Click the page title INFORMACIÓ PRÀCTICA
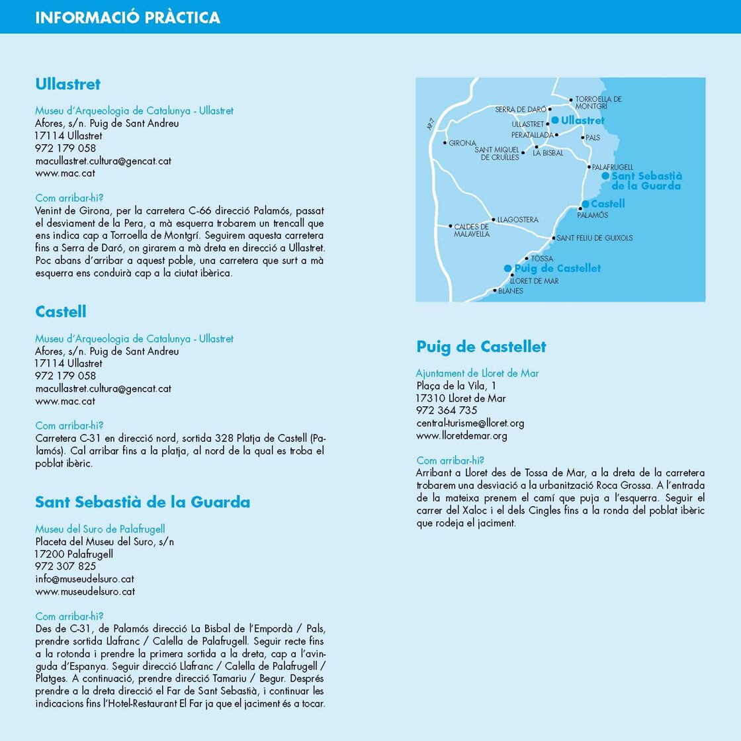(128, 17)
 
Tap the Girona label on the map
(462, 143)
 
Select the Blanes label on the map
(510, 291)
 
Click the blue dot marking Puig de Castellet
(507, 269)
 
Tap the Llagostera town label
(517, 220)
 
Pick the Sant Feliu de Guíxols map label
(594, 238)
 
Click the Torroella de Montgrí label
(598, 103)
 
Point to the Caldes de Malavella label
(472, 230)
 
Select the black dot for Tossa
(527, 259)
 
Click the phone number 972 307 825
(65, 566)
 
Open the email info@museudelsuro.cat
(85, 579)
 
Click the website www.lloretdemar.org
(462, 436)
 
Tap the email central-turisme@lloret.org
(470, 423)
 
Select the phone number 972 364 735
(447, 411)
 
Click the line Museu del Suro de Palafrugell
(100, 529)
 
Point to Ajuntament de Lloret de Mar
(477, 373)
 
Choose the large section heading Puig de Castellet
(481, 347)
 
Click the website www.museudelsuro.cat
(85, 591)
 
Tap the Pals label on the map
(593, 138)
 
